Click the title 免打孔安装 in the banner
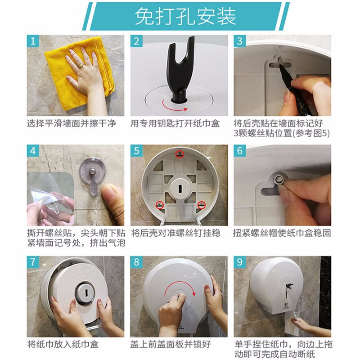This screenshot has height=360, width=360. [x=185, y=16]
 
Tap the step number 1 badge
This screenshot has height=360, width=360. [x=33, y=41]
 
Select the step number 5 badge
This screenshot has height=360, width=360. [x=137, y=151]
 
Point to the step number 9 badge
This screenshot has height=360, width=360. [x=240, y=262]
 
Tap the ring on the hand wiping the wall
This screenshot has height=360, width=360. [x=81, y=66]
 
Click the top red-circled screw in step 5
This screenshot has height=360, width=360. [x=180, y=154]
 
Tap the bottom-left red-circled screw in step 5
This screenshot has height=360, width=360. [x=159, y=205]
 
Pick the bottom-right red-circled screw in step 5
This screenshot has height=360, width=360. [x=201, y=205]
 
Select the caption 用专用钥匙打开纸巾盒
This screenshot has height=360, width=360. [x=175, y=123]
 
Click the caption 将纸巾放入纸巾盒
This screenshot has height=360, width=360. [x=63, y=345]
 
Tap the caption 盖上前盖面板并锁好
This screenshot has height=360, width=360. [x=171, y=345]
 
